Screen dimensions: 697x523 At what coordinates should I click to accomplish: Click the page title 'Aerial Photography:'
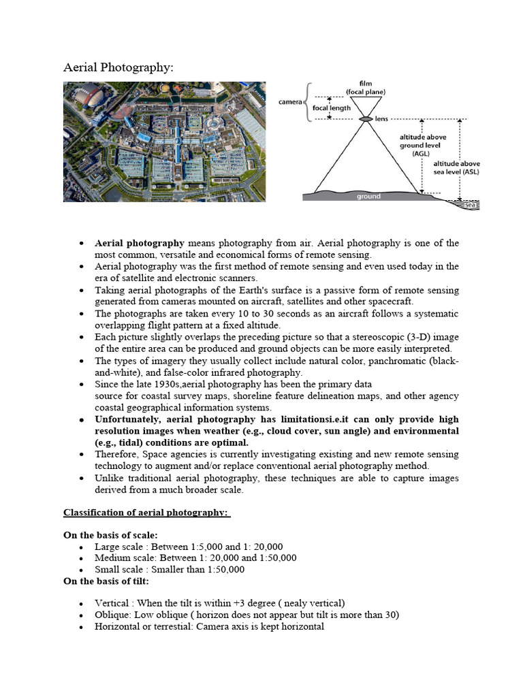(x=118, y=67)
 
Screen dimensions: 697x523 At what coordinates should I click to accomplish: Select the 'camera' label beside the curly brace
(x=291, y=103)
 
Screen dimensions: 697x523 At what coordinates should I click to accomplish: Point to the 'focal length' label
(x=332, y=108)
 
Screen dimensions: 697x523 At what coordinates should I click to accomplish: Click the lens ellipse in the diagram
(x=366, y=119)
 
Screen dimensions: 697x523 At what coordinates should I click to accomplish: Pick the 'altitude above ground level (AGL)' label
(x=422, y=145)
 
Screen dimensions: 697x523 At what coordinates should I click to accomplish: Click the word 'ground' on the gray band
(x=368, y=197)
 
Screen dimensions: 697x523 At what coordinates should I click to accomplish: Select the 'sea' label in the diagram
(x=469, y=204)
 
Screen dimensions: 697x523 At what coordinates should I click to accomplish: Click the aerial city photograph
(x=164, y=142)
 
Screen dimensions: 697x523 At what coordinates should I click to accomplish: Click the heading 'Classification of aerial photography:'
(x=146, y=513)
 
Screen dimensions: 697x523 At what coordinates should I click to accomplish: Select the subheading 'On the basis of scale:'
(x=110, y=536)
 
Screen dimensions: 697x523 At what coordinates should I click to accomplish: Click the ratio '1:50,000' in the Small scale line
(x=223, y=570)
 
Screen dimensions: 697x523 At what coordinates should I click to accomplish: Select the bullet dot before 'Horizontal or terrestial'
(x=82, y=627)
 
